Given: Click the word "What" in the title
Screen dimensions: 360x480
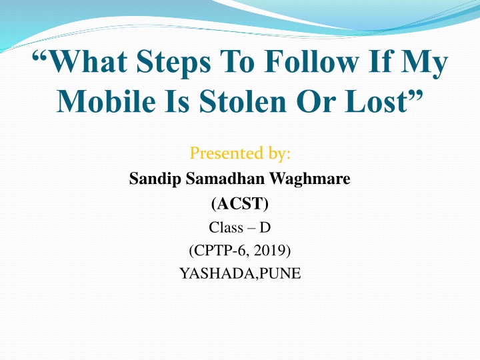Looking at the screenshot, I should point(93,65).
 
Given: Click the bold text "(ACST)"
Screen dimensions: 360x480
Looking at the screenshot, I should point(239,203).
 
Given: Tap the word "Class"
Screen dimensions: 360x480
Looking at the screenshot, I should point(226,227).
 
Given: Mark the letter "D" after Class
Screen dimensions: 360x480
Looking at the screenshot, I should point(265,227).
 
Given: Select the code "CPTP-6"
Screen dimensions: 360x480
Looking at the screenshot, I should point(220,251).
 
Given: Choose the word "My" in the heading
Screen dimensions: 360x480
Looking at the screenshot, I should point(429,65).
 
